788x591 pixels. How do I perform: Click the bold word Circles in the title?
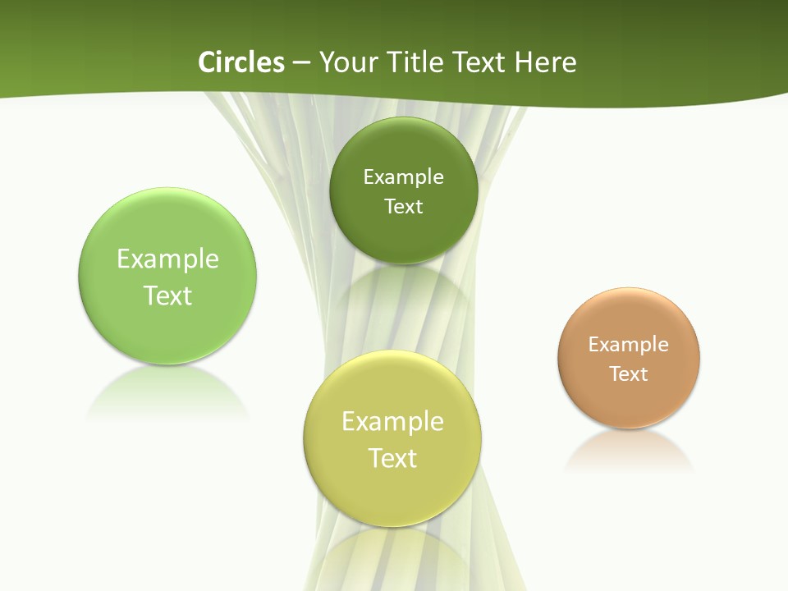click(241, 62)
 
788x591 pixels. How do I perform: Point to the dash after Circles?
click(301, 63)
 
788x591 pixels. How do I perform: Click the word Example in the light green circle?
click(167, 259)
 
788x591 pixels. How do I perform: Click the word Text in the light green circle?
click(167, 295)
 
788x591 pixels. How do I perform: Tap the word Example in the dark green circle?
click(404, 177)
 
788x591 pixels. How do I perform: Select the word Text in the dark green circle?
click(404, 207)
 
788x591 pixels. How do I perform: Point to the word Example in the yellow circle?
click(392, 422)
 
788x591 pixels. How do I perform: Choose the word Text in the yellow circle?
click(392, 458)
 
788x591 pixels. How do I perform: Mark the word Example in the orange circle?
click(629, 345)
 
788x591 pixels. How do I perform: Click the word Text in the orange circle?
click(629, 374)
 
